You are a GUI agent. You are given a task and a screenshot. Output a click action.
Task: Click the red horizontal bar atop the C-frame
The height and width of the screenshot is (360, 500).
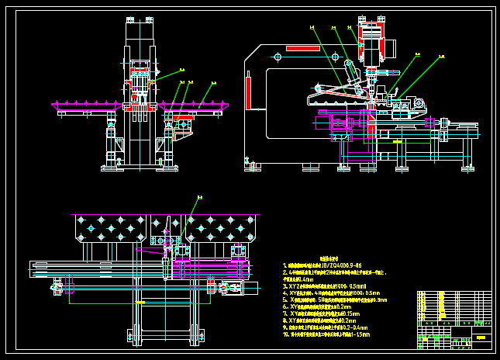302,48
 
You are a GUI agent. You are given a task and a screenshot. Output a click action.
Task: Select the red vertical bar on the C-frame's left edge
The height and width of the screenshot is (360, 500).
249,92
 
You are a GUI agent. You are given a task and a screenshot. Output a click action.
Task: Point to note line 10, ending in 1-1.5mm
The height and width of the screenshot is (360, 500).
326,334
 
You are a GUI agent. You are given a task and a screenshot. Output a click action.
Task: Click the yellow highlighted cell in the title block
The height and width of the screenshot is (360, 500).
481,337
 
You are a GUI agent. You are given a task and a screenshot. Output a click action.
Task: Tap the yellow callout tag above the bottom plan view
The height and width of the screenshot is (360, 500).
199,198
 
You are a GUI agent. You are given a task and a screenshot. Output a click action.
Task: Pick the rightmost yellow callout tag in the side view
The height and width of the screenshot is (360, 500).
441,56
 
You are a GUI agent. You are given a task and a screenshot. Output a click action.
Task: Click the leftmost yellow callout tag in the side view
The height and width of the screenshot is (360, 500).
312,27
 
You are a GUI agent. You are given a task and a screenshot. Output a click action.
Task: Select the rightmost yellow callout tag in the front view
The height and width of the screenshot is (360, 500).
213,82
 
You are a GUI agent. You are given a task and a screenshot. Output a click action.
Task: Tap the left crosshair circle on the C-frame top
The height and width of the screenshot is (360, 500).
278,57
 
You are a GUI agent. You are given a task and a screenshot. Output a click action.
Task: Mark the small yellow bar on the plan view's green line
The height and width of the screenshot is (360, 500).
140,302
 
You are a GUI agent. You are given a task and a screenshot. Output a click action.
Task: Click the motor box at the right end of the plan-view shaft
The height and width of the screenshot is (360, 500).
248,288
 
